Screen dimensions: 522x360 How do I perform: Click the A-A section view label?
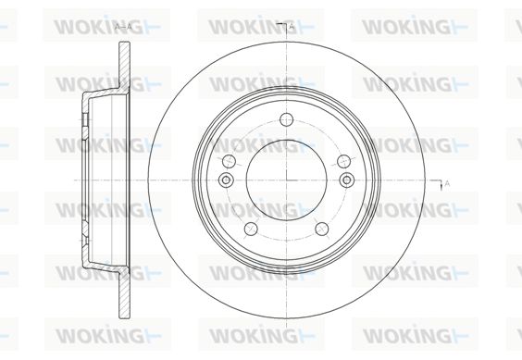click(x=123, y=27)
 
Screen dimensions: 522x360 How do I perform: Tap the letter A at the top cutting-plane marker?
click(x=292, y=26)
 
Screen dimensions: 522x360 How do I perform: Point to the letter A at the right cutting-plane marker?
click(x=447, y=183)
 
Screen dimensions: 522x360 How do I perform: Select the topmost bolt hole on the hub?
click(x=286, y=119)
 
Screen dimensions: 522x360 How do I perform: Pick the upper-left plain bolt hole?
click(x=229, y=162)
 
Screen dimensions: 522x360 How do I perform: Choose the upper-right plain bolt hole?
click(x=344, y=162)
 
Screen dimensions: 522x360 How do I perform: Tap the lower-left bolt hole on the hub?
click(x=251, y=230)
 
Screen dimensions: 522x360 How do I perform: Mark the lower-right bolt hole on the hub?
click(x=322, y=230)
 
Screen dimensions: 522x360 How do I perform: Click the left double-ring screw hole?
click(x=226, y=180)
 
